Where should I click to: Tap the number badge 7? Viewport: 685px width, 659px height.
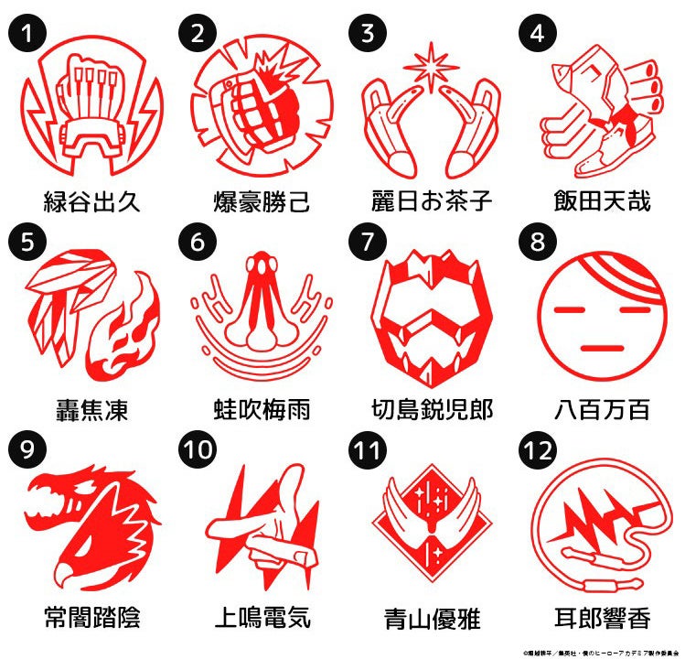367,241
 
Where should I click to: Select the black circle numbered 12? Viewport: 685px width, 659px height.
537,449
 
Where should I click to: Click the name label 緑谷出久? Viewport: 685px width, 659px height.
92,200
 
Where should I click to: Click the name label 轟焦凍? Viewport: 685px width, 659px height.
92,409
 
